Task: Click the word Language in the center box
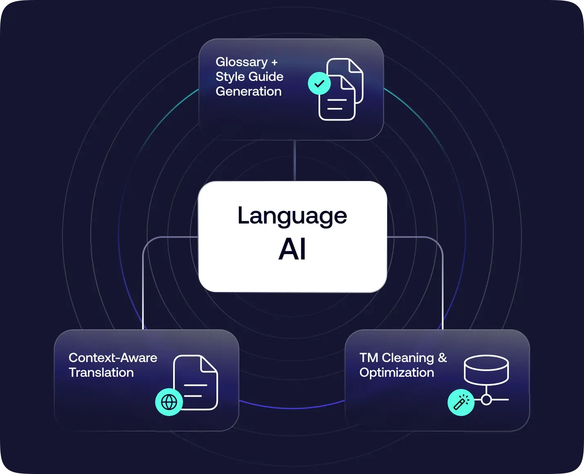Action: (292, 216)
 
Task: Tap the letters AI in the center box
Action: (292, 249)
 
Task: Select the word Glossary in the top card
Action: (241, 62)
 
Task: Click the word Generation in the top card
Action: (248, 92)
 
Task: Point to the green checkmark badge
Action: (319, 83)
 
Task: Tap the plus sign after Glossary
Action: (274, 63)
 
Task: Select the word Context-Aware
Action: (113, 358)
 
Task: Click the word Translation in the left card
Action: (101, 373)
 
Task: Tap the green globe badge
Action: (169, 402)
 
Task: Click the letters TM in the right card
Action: (369, 358)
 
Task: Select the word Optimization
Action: (397, 373)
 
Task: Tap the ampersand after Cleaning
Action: (442, 358)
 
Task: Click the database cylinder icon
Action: (486, 370)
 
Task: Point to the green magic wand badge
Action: (461, 402)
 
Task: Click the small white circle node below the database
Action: (486, 399)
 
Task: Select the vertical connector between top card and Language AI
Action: (294, 161)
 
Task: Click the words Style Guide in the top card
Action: (249, 77)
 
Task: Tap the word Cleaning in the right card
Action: (408, 358)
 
